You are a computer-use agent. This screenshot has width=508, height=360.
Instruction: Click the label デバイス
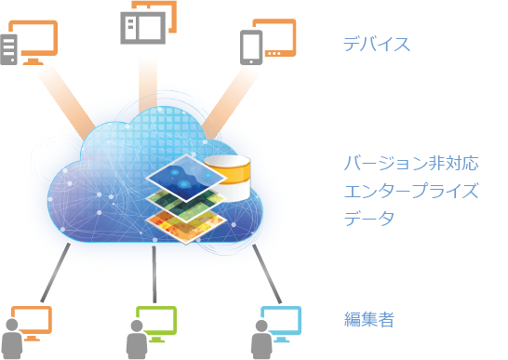tap(377, 44)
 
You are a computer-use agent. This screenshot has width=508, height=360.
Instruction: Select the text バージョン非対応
tap(411, 163)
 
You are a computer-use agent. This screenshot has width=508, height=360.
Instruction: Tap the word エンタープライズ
tap(411, 191)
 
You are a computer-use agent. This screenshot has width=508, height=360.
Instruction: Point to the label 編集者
tap(369, 319)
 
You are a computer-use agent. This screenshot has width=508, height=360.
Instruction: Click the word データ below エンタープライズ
tap(369, 218)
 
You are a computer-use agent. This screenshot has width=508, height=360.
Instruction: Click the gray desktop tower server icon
tap(8, 49)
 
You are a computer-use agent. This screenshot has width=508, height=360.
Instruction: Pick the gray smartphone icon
tap(251, 47)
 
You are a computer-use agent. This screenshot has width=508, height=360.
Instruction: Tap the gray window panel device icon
tap(143, 28)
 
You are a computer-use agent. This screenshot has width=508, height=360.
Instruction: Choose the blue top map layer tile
tap(186, 178)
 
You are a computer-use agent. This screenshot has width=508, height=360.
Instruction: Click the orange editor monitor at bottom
tap(32, 322)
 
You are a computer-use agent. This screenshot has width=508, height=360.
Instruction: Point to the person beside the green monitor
tap(137, 340)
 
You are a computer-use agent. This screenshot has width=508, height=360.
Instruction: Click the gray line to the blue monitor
tap(267, 273)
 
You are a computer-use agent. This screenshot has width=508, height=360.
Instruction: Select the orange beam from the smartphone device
tap(231, 103)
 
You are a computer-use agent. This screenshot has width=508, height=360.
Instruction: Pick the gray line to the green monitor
tap(154, 274)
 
